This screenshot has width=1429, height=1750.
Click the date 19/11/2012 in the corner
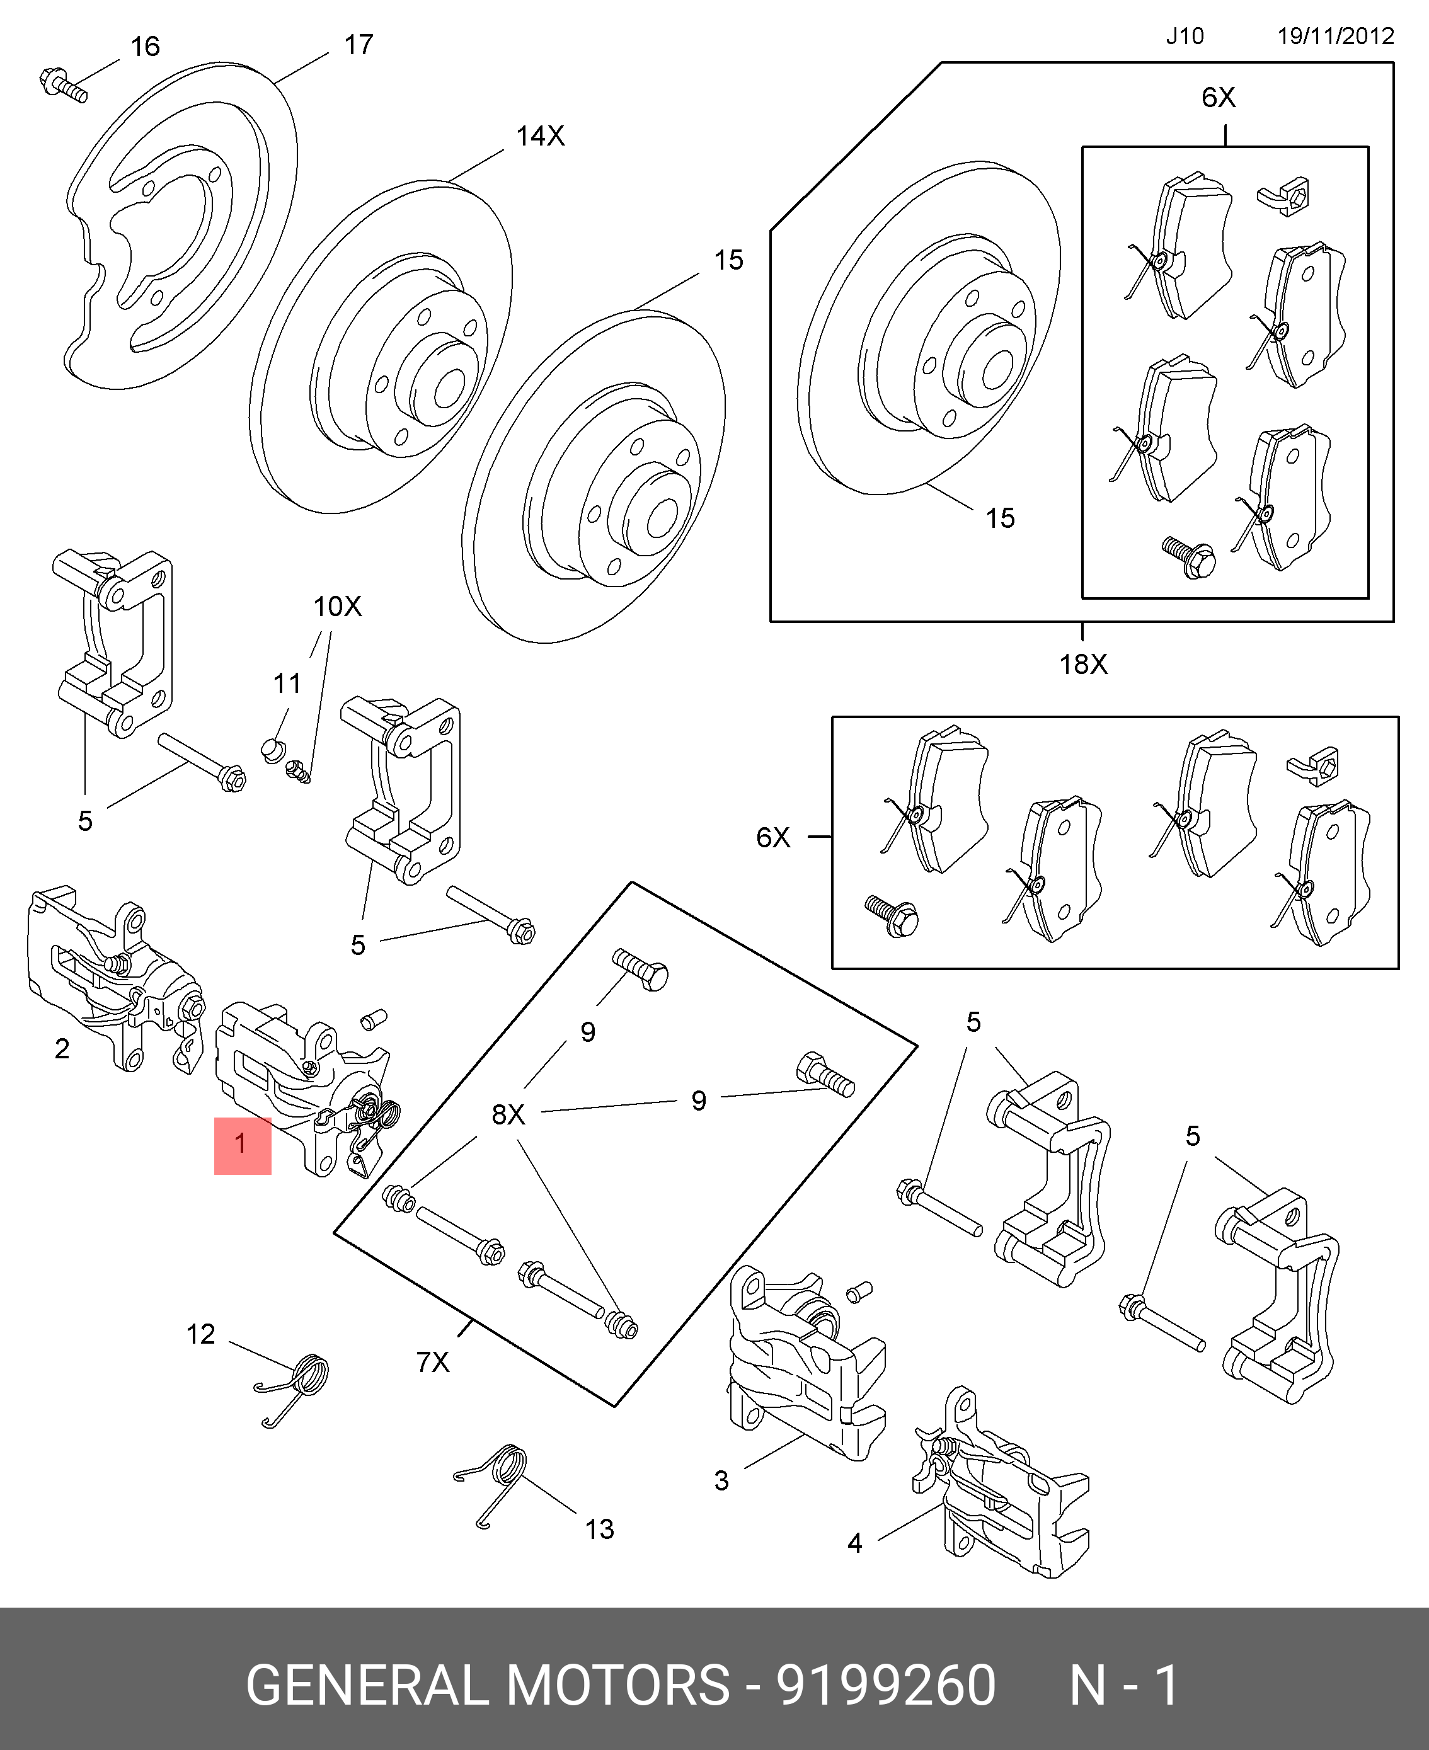1335,36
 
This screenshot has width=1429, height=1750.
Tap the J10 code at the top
1185,36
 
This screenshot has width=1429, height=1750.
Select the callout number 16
145,47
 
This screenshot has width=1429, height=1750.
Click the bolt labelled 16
62,86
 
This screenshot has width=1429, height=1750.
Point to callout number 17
358,45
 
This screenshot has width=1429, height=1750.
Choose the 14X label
540,136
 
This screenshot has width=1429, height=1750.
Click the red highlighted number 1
241,1143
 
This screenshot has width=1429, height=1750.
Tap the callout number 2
62,1049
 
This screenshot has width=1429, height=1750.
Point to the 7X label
432,1363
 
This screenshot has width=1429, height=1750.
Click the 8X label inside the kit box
508,1114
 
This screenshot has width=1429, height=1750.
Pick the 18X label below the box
1083,664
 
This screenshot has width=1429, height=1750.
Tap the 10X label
336,607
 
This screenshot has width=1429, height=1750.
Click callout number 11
287,683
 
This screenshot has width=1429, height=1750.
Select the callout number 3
721,1481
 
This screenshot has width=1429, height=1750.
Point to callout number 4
854,1543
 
